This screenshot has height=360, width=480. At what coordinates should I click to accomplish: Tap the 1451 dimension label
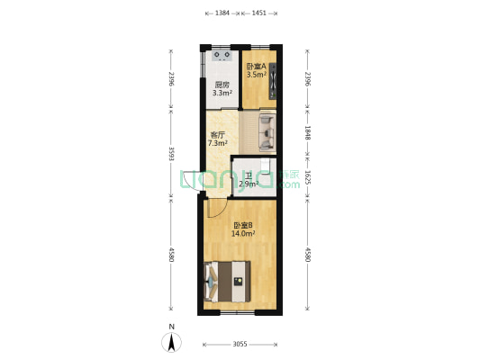258,13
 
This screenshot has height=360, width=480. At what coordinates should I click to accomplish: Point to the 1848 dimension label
307,132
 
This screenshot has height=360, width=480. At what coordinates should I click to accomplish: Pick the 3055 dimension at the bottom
241,345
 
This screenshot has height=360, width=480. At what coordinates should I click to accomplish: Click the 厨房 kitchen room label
222,85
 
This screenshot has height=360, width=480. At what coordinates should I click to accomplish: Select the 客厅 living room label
217,135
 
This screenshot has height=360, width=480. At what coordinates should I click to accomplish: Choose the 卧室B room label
242,225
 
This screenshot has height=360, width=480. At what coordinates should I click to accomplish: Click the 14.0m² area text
242,233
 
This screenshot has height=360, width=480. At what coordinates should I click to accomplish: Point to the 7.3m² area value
217,143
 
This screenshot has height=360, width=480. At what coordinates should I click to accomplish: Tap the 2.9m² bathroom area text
249,184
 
